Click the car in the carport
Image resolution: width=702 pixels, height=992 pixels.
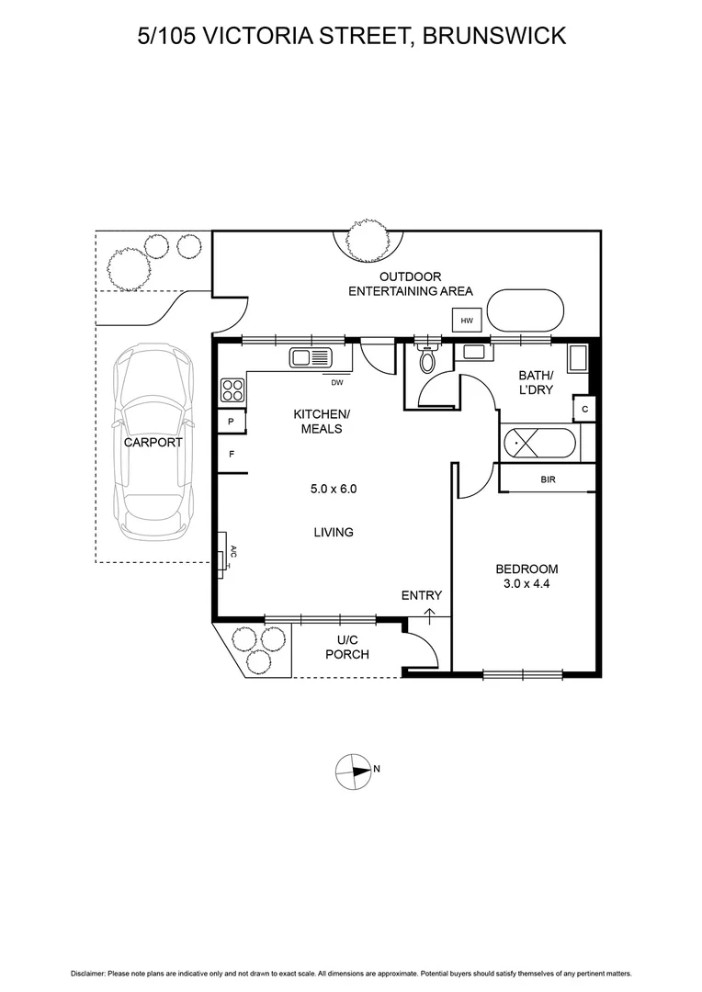pos(153,443)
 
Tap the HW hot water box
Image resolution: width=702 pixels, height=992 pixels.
pos(467,321)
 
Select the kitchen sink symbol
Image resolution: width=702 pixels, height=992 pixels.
pos(310,357)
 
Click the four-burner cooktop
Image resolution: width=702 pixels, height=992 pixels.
pos(232,390)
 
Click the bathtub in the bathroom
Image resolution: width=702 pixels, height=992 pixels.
pos(538,444)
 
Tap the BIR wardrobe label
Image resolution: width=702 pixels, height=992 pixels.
pos(548,479)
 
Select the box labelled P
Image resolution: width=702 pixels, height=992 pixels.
pos(231,422)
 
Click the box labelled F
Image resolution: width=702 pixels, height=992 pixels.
pos(231,453)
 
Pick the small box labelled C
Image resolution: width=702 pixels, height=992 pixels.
pos(584,408)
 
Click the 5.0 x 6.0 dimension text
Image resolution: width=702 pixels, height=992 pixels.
pos(333,489)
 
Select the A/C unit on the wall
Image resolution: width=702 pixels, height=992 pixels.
pos(222,553)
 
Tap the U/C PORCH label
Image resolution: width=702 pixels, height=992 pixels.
pos(347,648)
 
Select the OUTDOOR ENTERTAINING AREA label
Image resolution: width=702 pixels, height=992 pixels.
pos(410,284)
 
